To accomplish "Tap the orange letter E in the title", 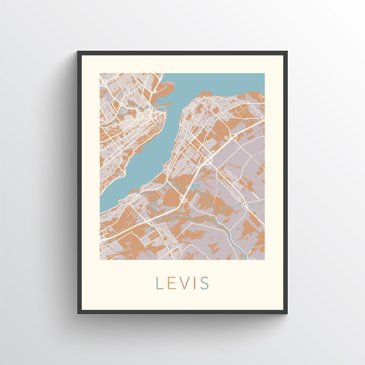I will click(x=170, y=283).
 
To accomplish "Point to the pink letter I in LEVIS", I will click(x=194, y=283).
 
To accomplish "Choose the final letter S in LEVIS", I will click(x=204, y=283).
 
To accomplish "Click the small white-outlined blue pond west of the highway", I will click(x=160, y=202).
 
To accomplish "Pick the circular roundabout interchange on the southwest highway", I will click(x=148, y=220).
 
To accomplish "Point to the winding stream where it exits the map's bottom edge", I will click(x=252, y=259).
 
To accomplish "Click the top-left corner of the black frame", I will click(x=78, y=52).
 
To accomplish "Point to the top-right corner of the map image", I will click(x=264, y=73).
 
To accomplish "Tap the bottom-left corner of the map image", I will click(x=100, y=260).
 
